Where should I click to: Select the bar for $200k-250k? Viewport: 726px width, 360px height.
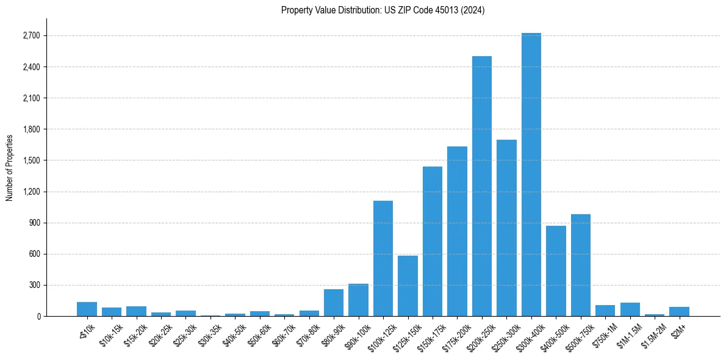[481, 186]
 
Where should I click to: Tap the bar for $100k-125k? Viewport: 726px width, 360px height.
[383, 258]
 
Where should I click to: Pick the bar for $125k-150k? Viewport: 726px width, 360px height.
[408, 286]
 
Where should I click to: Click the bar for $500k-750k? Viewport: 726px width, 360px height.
[580, 265]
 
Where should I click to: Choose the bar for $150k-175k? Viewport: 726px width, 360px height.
[432, 241]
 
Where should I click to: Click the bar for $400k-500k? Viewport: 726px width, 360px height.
[556, 271]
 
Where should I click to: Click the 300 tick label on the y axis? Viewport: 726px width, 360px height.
[34, 285]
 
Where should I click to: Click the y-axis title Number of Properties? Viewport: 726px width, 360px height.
[9, 167]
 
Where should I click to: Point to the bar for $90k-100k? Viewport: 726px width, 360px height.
[358, 300]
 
